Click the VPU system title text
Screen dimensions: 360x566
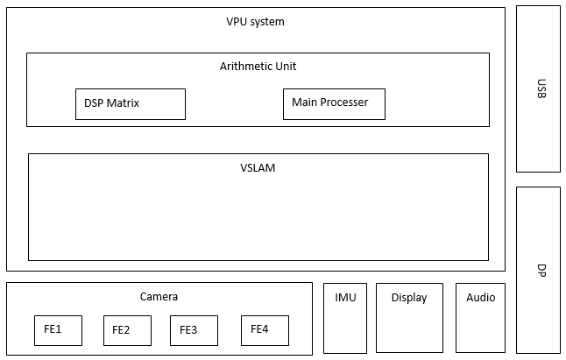(255, 22)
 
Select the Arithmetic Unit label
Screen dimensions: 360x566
(264, 66)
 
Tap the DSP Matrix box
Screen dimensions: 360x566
(130, 103)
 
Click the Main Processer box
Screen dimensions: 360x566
(334, 103)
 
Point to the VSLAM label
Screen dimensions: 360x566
(258, 167)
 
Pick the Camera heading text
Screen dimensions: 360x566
(159, 297)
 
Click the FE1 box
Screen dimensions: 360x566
(58, 330)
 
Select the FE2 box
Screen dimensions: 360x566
(127, 330)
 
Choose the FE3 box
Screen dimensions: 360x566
(194, 330)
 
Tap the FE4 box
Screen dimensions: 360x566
(265, 330)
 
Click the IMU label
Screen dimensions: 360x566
(345, 297)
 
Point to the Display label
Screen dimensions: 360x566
(409, 298)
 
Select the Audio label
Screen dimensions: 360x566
(480, 298)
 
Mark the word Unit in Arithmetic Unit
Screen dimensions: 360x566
(297, 66)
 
